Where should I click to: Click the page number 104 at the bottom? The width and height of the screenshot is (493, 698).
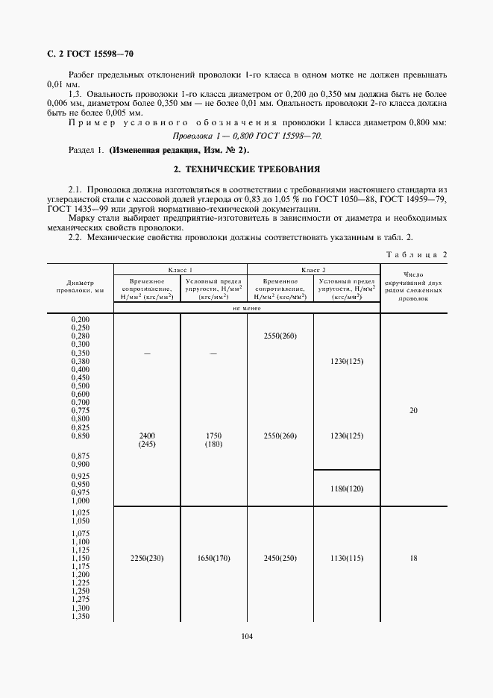(x=246, y=636)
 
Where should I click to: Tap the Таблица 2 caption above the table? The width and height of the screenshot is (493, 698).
(x=416, y=254)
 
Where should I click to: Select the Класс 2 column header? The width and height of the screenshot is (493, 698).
(x=313, y=269)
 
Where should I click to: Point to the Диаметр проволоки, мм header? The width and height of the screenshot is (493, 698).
(x=79, y=287)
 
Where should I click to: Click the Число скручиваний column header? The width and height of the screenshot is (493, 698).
(x=414, y=286)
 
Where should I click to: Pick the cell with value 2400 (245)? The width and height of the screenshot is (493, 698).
(x=146, y=439)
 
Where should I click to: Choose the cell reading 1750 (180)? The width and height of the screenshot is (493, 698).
(x=213, y=439)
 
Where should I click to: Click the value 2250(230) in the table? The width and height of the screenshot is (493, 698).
(x=146, y=558)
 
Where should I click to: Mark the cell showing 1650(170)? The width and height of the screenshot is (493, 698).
(x=213, y=558)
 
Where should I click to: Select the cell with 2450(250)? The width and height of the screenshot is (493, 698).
(x=280, y=558)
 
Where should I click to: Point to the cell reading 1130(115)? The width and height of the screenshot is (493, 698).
(x=346, y=558)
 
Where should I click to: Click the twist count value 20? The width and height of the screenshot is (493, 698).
(x=414, y=410)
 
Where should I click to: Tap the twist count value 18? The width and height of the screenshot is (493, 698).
(x=414, y=558)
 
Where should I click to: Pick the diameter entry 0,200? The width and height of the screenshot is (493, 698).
(x=79, y=319)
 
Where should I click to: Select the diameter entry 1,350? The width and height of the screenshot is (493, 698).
(x=79, y=616)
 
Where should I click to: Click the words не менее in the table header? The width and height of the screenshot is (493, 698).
(x=246, y=307)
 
